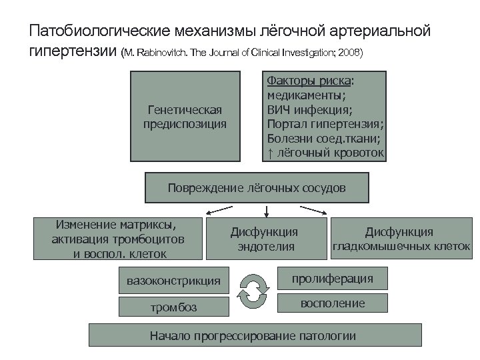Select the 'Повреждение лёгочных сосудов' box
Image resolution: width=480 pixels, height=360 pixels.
[257, 188]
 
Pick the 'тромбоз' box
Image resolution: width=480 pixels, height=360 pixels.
[173, 307]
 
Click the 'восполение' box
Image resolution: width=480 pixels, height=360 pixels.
[333, 304]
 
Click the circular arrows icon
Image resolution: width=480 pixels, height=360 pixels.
[253, 292]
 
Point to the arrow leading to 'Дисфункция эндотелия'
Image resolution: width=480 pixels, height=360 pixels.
[266, 211]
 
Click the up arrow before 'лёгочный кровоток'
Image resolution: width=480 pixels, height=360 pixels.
[270, 154]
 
